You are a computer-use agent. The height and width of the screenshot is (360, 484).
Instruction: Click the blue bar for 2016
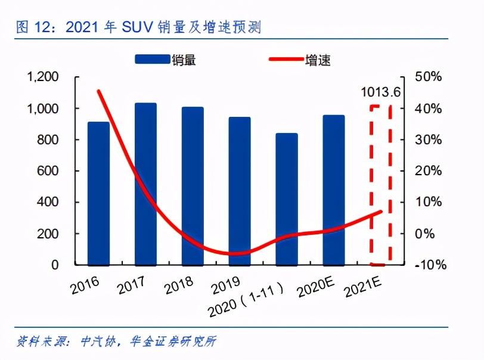click(x=98, y=194)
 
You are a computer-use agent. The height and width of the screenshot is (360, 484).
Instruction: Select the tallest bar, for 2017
click(x=145, y=184)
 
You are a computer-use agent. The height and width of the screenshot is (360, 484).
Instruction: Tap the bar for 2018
click(x=193, y=186)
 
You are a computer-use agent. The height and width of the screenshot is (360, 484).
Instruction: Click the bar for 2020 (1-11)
click(x=287, y=199)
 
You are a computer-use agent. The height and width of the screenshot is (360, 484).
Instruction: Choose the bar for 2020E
click(x=334, y=190)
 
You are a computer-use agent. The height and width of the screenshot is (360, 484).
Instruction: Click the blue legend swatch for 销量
click(x=153, y=59)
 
